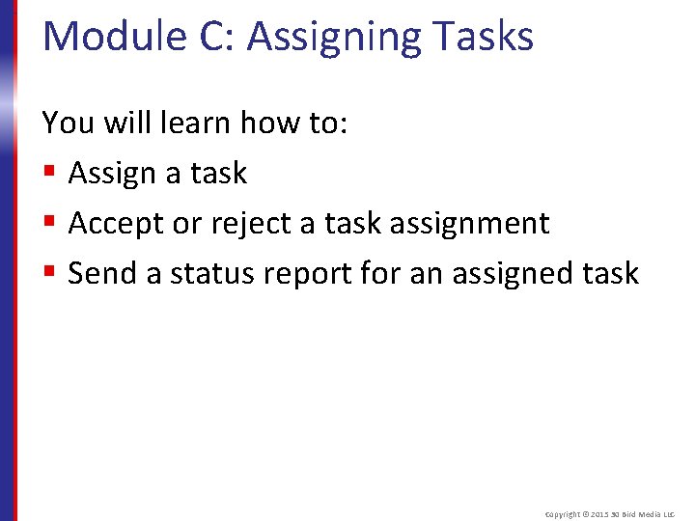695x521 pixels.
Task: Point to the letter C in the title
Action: (x=210, y=37)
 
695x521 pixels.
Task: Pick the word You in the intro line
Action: (x=68, y=123)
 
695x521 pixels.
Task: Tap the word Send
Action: (x=102, y=273)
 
